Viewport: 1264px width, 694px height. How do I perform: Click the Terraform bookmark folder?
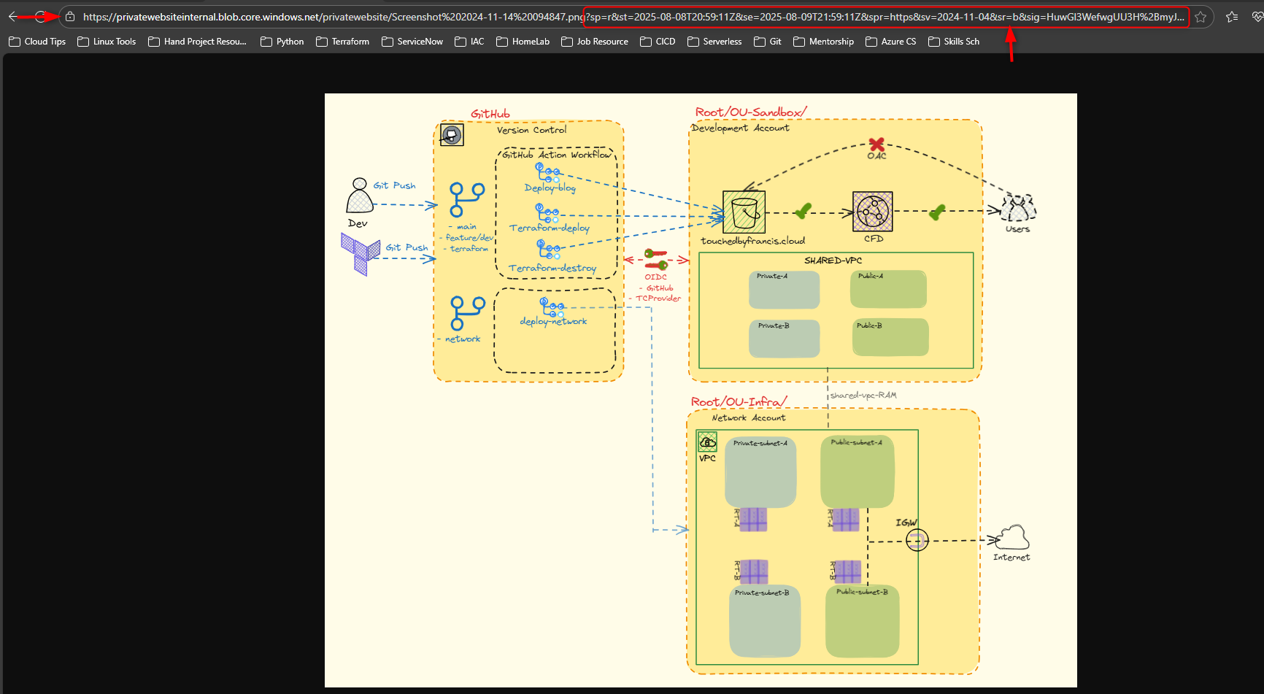pyautogui.click(x=342, y=42)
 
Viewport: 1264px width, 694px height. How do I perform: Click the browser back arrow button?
pyautogui.click(x=13, y=17)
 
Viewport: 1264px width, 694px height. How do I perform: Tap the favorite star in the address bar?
pyautogui.click(x=1201, y=17)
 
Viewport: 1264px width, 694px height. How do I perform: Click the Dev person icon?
pyautogui.click(x=359, y=196)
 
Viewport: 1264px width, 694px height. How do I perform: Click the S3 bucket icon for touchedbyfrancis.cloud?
pyautogui.click(x=744, y=212)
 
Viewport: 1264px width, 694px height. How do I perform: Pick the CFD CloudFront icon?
pyautogui.click(x=873, y=212)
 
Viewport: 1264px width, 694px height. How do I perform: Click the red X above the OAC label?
pyautogui.click(x=876, y=144)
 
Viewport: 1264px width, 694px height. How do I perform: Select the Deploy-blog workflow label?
pyautogui.click(x=550, y=188)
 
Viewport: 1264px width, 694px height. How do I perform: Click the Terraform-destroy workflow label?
pyautogui.click(x=552, y=268)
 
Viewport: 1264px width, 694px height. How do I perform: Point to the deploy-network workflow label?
pyautogui.click(x=553, y=321)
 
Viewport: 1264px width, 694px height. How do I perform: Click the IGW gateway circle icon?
pyautogui.click(x=917, y=540)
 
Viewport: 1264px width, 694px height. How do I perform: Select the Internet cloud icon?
pyautogui.click(x=1012, y=538)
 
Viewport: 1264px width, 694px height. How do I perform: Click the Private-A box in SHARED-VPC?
pyautogui.click(x=784, y=290)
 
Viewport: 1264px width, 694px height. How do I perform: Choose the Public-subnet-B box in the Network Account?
pyautogui.click(x=862, y=621)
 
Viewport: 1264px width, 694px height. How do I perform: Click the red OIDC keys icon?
pyautogui.click(x=655, y=259)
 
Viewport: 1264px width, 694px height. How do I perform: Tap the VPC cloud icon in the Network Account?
pyautogui.click(x=707, y=442)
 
